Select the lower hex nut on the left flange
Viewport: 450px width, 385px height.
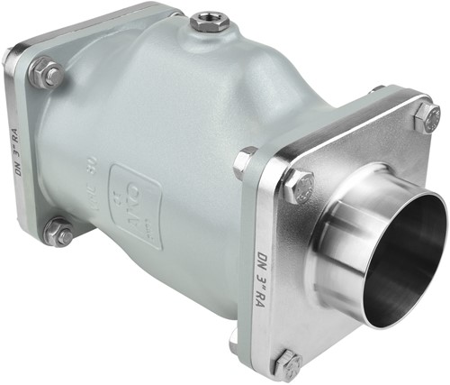pos(58,233)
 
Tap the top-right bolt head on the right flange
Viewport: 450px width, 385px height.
pos(425,117)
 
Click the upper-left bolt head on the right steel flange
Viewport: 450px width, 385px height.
pos(298,187)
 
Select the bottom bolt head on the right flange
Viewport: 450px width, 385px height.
pos(288,364)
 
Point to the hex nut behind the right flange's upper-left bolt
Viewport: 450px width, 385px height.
pos(244,162)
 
